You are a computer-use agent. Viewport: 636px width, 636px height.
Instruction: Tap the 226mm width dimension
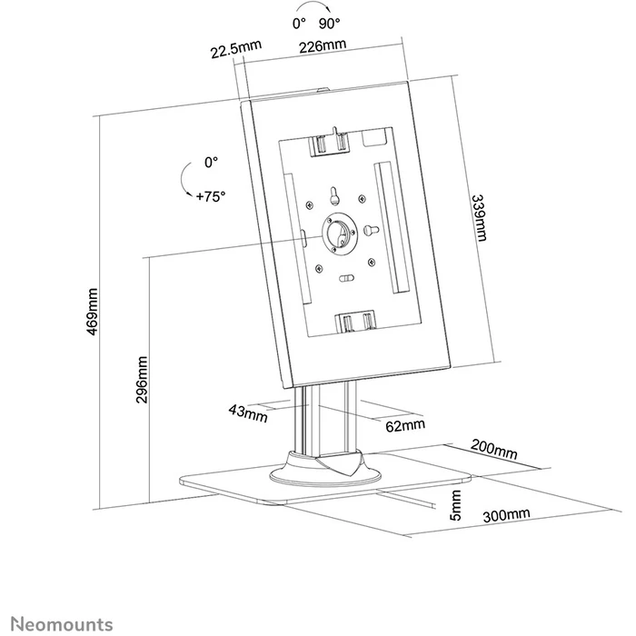(x=323, y=46)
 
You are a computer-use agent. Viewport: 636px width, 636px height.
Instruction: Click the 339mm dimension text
(x=480, y=219)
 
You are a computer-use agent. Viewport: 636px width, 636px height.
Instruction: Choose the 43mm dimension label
(x=247, y=412)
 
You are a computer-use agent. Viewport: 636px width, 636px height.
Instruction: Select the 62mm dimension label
(x=404, y=424)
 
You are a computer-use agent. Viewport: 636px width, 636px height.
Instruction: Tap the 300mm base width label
(x=506, y=515)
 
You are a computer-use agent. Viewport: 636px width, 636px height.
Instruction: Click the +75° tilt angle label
(x=209, y=194)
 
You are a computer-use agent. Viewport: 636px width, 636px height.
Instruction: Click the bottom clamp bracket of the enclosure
(x=355, y=322)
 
